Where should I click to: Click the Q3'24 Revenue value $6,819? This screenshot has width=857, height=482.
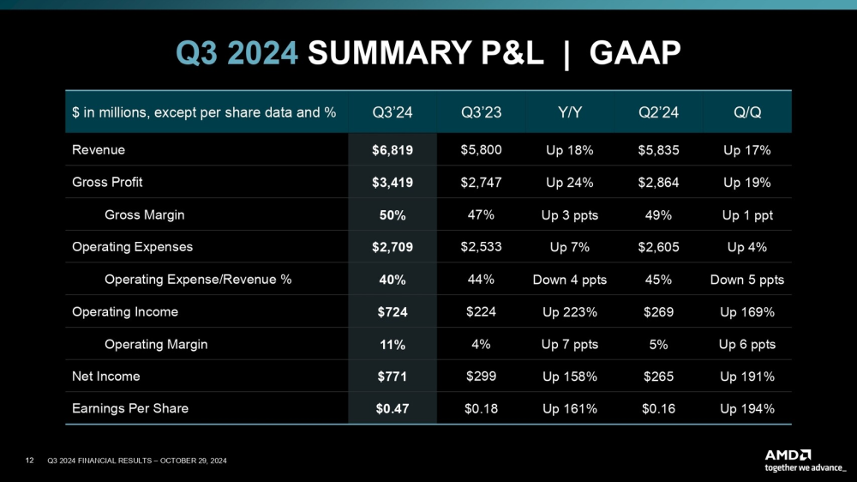tap(393, 150)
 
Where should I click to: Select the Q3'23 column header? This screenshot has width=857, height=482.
tap(481, 112)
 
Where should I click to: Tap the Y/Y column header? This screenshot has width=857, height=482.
tap(569, 112)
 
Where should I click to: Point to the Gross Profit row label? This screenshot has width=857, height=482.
tap(107, 183)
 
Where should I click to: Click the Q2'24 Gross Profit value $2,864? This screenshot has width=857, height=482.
tap(658, 183)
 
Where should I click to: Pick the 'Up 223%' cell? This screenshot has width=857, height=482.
tap(570, 312)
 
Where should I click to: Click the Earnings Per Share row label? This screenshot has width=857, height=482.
tap(130, 409)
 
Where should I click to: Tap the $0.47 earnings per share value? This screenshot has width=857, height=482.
tap(393, 409)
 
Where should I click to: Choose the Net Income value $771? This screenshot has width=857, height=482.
tap(393, 377)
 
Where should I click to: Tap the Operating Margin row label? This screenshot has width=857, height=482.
tap(156, 345)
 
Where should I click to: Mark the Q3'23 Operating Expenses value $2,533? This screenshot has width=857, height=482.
tap(481, 247)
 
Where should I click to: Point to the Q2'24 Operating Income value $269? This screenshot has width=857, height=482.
tap(658, 312)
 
